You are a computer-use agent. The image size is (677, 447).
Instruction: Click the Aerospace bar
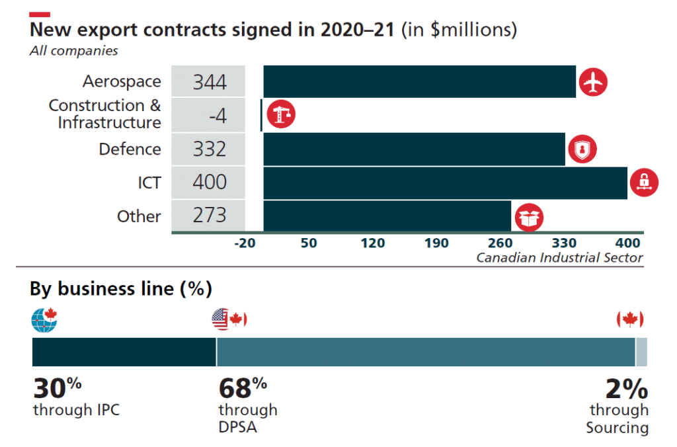(x=419, y=82)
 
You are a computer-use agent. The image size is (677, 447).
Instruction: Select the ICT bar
(x=445, y=183)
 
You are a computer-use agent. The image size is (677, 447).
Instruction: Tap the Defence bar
(x=414, y=149)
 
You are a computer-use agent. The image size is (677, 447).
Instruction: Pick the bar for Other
(x=387, y=216)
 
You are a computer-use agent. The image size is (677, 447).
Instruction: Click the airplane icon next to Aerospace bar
(x=593, y=83)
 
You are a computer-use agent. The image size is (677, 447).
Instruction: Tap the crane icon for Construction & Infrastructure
(x=281, y=115)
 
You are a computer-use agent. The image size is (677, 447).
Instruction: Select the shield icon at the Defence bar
(x=582, y=150)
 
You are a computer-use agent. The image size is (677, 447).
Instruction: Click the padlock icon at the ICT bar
(x=644, y=182)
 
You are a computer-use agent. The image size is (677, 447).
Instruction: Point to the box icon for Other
(x=530, y=217)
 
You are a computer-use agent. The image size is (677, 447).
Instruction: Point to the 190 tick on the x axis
(x=436, y=243)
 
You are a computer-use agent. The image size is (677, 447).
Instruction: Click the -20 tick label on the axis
(x=245, y=243)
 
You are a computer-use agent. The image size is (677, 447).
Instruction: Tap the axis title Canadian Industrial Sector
(x=559, y=258)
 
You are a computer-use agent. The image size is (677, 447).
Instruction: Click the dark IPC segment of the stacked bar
(x=124, y=352)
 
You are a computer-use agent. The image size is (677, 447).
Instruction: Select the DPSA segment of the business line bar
(x=426, y=352)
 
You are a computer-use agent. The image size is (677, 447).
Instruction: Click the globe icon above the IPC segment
(x=44, y=320)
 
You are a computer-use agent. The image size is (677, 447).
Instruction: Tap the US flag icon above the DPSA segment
(x=221, y=320)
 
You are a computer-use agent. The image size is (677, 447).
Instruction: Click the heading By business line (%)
(x=120, y=289)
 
